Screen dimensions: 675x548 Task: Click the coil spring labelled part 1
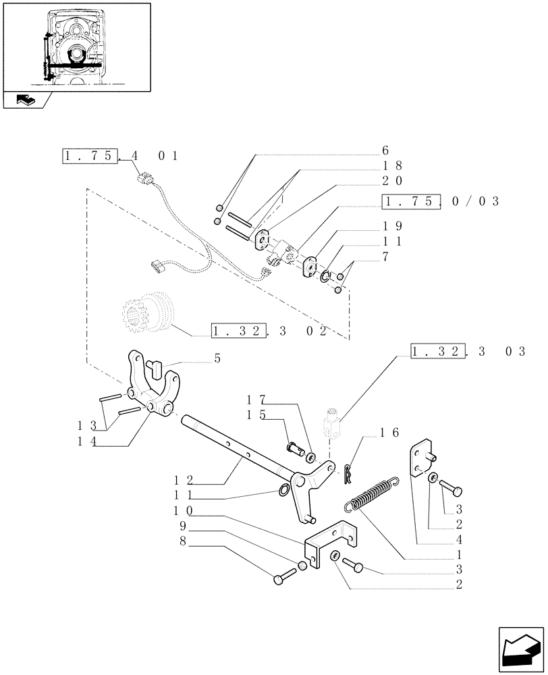pyautogui.click(x=372, y=495)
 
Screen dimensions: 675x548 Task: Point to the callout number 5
pyautogui.click(x=217, y=358)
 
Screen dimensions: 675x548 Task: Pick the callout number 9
pyautogui.click(x=182, y=524)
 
